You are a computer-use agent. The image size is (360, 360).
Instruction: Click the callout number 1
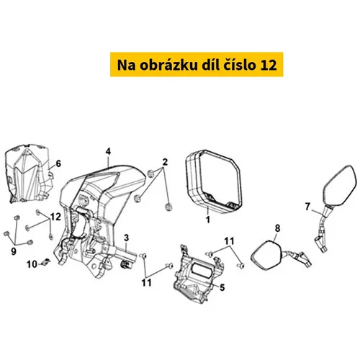(x=208, y=220)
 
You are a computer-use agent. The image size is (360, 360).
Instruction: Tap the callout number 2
(x=165, y=162)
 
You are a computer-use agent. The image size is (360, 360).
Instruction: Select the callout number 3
(x=127, y=238)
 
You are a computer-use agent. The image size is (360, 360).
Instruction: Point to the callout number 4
(x=108, y=151)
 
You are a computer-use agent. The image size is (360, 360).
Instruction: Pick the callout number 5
(x=222, y=287)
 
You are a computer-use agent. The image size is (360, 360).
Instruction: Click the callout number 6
(x=58, y=163)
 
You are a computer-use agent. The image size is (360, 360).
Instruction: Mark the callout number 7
(x=307, y=207)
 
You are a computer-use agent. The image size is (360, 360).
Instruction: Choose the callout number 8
(x=277, y=228)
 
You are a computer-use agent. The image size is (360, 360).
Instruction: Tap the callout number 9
(x=14, y=251)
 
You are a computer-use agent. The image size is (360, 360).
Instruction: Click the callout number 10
(x=32, y=264)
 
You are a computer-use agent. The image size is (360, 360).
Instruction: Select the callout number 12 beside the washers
(x=55, y=217)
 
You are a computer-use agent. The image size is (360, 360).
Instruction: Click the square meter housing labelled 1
(x=214, y=181)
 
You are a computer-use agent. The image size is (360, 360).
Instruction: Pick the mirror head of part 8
(x=266, y=255)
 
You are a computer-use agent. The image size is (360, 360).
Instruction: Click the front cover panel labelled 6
(x=29, y=174)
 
